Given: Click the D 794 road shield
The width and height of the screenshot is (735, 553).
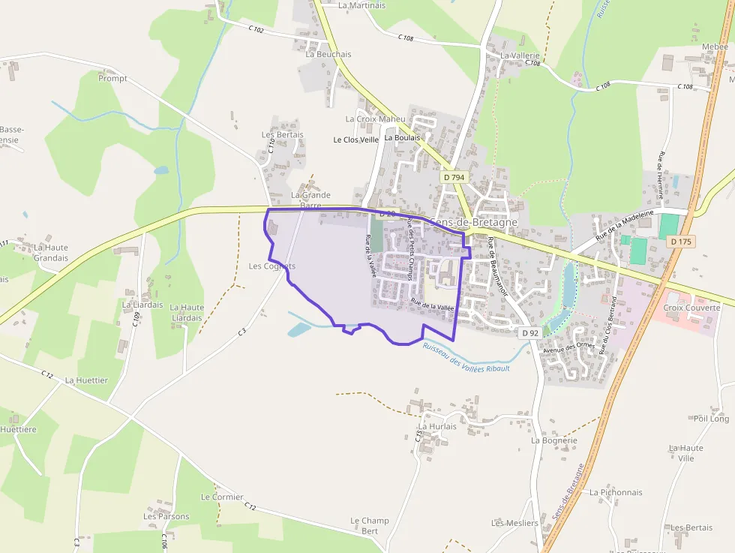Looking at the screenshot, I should (454, 178).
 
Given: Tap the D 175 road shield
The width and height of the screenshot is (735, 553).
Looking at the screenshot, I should (681, 242).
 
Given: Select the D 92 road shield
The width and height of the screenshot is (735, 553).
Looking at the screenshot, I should (529, 332).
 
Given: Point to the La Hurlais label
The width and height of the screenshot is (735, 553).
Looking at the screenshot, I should (437, 426).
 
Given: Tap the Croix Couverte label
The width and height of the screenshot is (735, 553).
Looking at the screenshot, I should (691, 308).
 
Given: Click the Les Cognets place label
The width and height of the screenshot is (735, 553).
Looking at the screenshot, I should (271, 266).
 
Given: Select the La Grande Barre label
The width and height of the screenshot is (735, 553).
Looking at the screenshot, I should (310, 200).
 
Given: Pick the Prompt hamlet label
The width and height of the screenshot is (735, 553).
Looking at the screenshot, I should (112, 78).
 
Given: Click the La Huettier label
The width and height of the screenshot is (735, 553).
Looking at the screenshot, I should (86, 380).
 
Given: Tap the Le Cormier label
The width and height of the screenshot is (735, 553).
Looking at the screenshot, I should (222, 497).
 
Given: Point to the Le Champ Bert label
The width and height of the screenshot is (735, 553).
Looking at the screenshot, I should (370, 525).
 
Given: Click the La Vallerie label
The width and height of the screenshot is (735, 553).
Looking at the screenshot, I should (520, 56).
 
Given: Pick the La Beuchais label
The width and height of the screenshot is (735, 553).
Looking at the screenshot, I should (328, 54).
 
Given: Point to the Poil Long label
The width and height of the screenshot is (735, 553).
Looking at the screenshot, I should (711, 419).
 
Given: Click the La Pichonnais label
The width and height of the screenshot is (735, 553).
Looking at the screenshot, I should (616, 492).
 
